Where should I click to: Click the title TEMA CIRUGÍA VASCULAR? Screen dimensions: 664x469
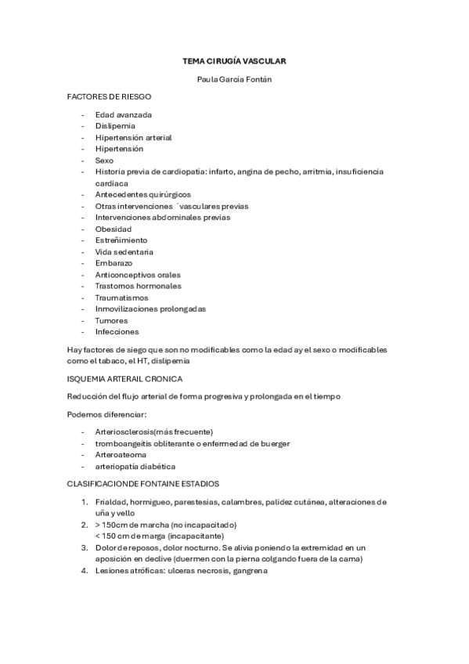pyautogui.click(x=234, y=60)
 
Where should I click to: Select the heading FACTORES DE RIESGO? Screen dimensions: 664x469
pyautogui.click(x=109, y=96)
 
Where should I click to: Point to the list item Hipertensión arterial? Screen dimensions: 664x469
pyautogui.click(x=133, y=137)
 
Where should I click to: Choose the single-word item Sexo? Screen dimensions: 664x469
pyautogui.click(x=104, y=160)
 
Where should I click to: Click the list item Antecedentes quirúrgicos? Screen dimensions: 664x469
pyautogui.click(x=143, y=194)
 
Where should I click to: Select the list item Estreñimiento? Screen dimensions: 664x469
pyautogui.click(x=121, y=240)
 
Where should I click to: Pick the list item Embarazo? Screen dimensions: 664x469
pyautogui.click(x=114, y=263)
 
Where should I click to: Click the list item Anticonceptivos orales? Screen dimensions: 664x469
pyautogui.click(x=138, y=275)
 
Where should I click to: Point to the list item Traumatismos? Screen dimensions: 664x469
pyautogui.click(x=121, y=298)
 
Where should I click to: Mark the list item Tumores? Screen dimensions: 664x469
pyautogui.click(x=111, y=320)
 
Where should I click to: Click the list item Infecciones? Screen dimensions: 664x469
pyautogui.click(x=117, y=332)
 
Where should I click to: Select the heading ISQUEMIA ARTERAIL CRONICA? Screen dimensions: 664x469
pyautogui.click(x=125, y=378)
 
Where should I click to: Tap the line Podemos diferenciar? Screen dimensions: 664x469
pyautogui.click(x=107, y=413)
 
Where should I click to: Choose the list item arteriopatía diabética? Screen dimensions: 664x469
pyautogui.click(x=130, y=467)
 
